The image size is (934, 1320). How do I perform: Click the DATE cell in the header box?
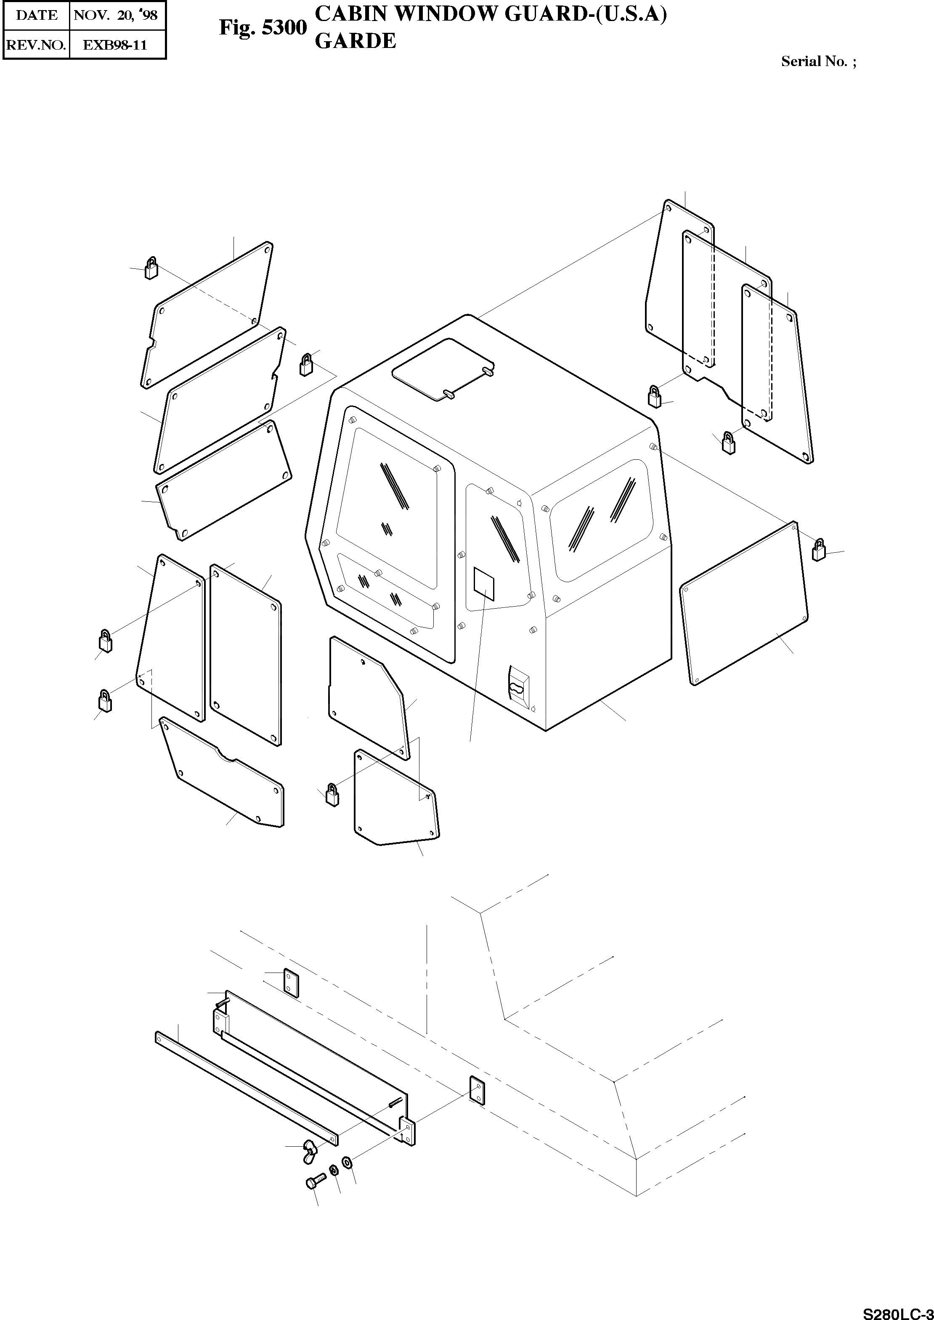coord(37,15)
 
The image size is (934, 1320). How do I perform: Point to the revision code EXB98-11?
coord(116,45)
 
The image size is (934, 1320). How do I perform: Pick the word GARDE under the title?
coord(356,41)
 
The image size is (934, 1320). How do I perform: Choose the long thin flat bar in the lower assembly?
coord(246,1088)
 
